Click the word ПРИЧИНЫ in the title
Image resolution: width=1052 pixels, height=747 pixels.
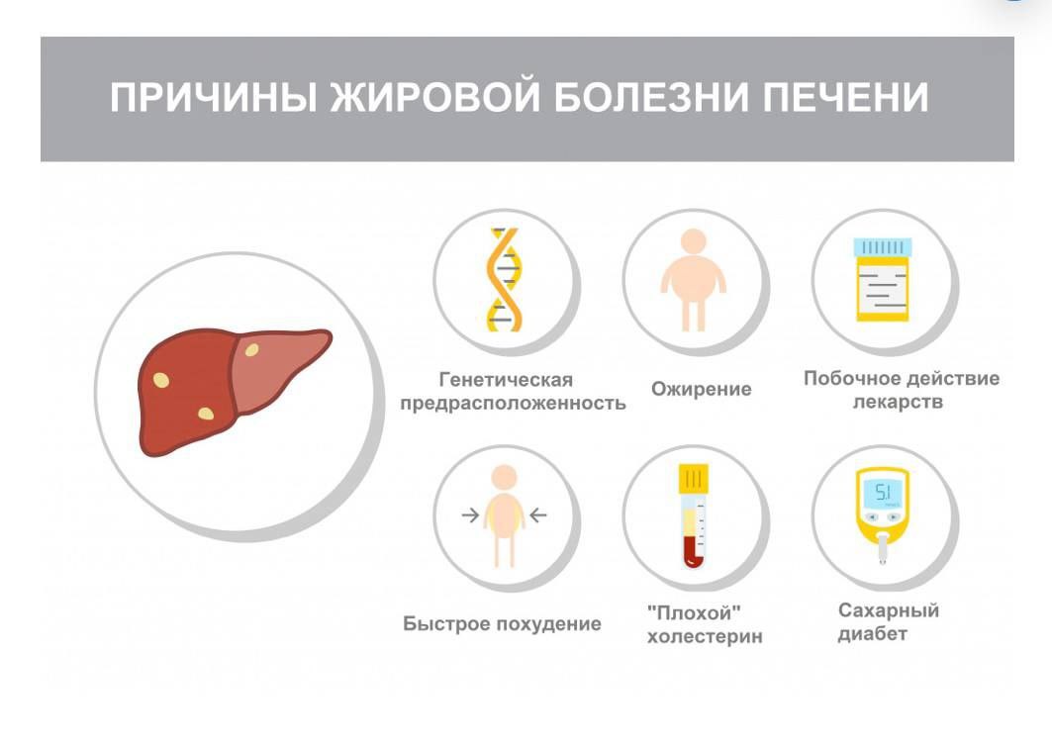click(x=214, y=97)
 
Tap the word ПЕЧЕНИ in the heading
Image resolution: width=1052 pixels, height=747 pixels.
click(x=845, y=97)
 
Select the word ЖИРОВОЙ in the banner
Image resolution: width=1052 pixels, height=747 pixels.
click(x=434, y=97)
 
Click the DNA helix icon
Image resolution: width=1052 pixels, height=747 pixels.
click(x=503, y=280)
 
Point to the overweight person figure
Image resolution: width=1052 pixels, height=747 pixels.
click(x=693, y=280)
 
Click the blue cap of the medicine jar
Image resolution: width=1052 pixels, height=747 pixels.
click(x=882, y=247)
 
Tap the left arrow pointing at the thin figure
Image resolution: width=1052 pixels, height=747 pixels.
click(x=470, y=515)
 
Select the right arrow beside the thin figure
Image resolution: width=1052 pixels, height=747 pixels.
click(x=538, y=515)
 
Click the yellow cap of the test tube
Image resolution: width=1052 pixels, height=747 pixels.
click(x=693, y=478)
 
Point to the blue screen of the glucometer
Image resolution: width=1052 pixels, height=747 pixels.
click(x=883, y=494)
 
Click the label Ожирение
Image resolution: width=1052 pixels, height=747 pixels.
click(x=701, y=390)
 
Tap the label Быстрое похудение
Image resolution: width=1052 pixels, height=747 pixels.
click(x=502, y=623)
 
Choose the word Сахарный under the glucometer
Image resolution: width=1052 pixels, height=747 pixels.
click(x=889, y=610)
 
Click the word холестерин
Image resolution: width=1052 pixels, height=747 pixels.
click(x=705, y=636)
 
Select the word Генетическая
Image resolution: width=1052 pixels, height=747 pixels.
click(x=506, y=380)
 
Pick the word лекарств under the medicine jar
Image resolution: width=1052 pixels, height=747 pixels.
click(x=898, y=403)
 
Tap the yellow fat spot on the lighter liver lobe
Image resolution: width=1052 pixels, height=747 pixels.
click(x=251, y=349)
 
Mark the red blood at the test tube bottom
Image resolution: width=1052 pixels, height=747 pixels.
click(x=693, y=554)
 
